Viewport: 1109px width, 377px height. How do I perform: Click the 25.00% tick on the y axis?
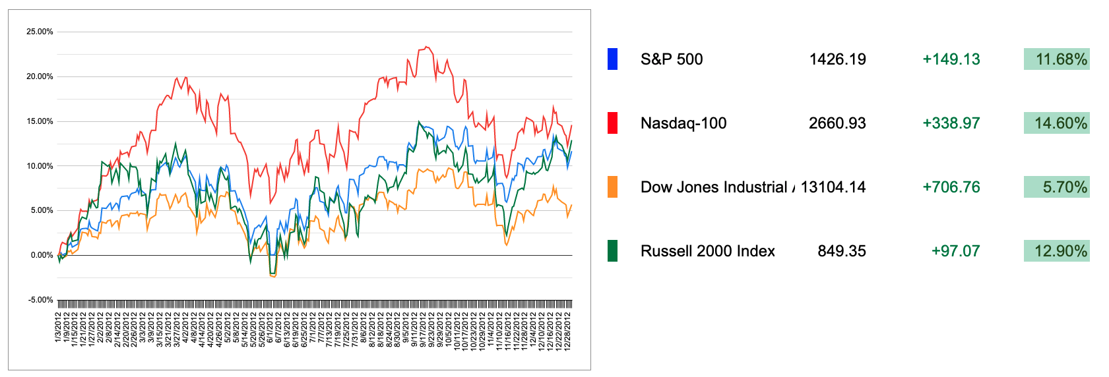40,32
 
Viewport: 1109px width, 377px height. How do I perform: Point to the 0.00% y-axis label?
42,255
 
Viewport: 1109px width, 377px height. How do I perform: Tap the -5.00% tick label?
40,300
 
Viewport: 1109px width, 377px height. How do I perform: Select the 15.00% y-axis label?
40,121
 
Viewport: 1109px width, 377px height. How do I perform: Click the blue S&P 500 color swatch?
612,59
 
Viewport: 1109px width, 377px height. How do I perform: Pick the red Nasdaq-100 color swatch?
612,123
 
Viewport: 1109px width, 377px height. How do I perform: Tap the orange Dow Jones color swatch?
612,187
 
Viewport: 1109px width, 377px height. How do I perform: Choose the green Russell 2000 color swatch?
612,251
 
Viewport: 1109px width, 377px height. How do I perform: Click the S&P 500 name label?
672,59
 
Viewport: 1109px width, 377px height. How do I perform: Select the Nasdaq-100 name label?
683,123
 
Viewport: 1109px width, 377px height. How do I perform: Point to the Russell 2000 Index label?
708,251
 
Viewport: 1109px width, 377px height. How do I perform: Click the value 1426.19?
837,59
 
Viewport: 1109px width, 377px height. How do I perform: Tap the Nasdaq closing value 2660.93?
837,123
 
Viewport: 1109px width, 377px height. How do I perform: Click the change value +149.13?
951,59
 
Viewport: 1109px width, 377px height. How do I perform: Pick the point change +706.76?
951,187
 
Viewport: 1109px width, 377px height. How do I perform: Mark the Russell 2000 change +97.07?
955,251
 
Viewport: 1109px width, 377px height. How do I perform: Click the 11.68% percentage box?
1057,59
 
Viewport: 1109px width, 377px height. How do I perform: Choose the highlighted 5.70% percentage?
1057,187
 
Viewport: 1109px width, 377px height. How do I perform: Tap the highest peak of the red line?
427,47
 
